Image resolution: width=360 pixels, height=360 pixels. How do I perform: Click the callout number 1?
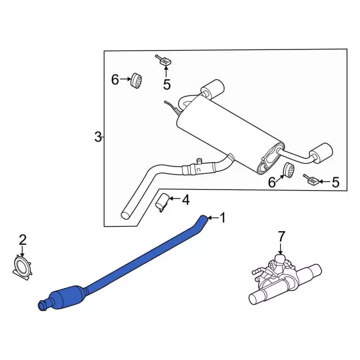pos(223,218)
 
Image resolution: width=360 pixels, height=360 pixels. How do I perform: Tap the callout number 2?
pos(22,240)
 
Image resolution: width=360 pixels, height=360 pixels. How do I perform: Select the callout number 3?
pos(98,137)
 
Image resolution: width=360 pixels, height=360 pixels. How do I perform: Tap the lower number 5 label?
pos(335,182)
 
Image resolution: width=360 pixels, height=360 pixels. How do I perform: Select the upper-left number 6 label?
pos(115,79)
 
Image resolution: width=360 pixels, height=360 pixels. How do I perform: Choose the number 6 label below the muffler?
pos(272,182)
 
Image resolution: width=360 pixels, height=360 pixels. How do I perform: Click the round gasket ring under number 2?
pos(22,268)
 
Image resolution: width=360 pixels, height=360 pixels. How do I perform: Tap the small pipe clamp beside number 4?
pos(162,202)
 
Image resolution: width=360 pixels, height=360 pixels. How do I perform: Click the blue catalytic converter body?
pos(67,296)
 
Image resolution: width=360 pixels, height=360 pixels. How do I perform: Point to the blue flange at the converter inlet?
pos(42,306)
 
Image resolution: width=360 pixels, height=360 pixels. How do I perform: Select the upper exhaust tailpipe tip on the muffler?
pos(213,89)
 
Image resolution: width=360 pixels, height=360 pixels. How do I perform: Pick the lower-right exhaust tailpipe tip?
pos(321,153)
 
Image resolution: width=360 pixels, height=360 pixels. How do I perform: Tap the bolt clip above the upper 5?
pos(164,60)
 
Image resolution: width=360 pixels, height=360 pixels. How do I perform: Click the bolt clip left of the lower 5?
pos(310,180)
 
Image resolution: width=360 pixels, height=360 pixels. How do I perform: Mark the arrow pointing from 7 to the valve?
pos(281,249)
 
